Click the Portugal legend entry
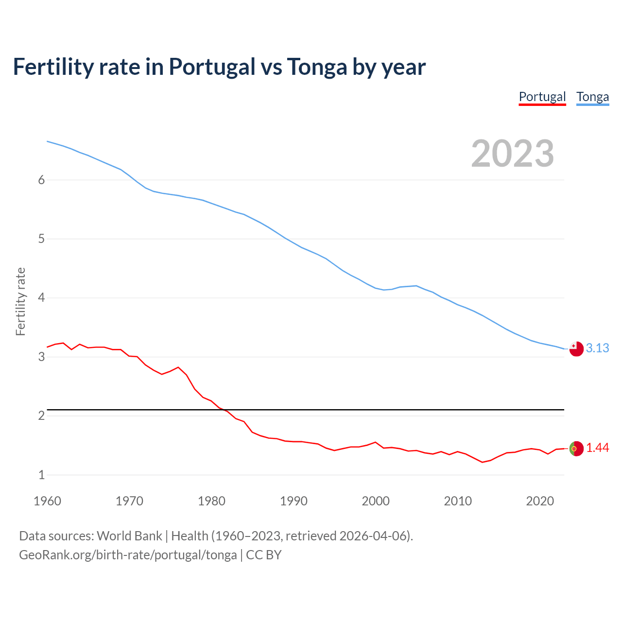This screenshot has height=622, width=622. [542, 97]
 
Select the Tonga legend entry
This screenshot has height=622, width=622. [592, 97]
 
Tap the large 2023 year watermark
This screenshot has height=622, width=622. [512, 154]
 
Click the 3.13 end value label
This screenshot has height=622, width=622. [597, 348]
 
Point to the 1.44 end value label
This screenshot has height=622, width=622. [597, 448]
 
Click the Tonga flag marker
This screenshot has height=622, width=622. [576, 349]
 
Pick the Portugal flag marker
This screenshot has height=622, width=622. [576, 449]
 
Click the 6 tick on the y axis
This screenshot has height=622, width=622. [41, 180]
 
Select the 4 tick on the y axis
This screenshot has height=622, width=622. [41, 297]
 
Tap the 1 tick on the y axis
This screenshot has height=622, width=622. [41, 475]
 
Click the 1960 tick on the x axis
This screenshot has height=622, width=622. [47, 501]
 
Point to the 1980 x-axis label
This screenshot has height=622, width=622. [211, 501]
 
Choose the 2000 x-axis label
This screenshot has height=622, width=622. [376, 501]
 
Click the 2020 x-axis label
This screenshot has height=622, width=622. [540, 501]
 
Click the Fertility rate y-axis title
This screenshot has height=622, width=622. [20, 301]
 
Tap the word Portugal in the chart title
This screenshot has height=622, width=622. [212, 67]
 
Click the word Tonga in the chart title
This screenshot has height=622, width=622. [317, 67]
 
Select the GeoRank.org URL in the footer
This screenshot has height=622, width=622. [128, 555]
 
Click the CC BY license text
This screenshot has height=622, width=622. [264, 555]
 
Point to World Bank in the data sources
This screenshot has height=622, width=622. [129, 536]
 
